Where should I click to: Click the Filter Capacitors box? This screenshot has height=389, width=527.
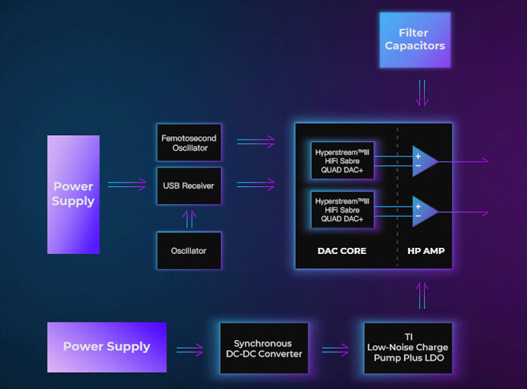pos(415,40)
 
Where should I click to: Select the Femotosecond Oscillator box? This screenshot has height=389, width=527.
pos(189,143)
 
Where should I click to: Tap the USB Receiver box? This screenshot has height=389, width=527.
pos(189,186)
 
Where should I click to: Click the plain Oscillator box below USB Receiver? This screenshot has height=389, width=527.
pos(189,251)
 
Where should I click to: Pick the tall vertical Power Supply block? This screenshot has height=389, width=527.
pos(73,194)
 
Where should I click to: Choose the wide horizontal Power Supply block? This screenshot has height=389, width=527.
pos(107,347)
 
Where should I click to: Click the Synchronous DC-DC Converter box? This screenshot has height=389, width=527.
pos(263,349)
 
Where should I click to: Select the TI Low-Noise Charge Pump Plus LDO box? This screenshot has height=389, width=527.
pos(408,349)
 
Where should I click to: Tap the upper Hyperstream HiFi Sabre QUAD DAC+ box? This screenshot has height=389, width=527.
pos(342,161)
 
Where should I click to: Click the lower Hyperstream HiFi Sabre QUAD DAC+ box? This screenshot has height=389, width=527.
pos(342,210)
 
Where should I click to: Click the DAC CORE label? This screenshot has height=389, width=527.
pos(342,251)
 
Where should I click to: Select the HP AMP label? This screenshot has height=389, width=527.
pos(426,251)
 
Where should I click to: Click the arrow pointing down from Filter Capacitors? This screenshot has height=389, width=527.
pos(422,93)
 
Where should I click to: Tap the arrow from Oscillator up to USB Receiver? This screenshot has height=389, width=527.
pos(189,219)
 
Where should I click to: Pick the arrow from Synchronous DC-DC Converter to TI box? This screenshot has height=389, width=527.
pos(335,350)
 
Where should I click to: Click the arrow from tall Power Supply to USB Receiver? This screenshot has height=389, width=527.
pos(127,185)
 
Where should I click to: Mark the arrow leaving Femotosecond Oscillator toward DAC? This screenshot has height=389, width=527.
pos(256,142)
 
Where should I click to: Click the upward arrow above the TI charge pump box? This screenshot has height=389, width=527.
pos(422,296)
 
